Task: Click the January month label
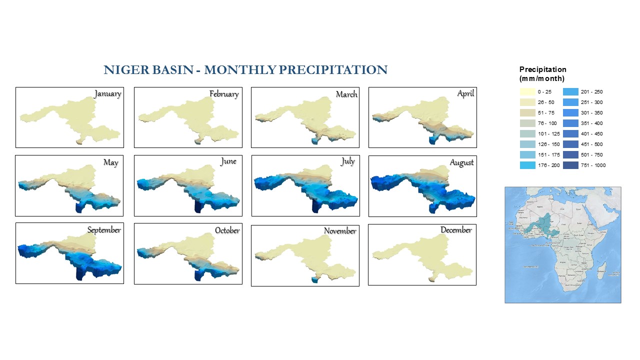[x=107, y=94]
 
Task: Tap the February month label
[x=224, y=94]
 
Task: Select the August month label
[x=461, y=162]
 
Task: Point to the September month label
[x=104, y=230]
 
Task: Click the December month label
[x=456, y=230]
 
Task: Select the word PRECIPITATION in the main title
[x=333, y=70]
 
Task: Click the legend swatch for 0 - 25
[x=527, y=92]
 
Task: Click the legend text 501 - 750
[x=592, y=155]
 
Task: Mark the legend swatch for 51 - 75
[x=527, y=113]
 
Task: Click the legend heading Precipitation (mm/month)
[x=542, y=74]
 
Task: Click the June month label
[x=228, y=161]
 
